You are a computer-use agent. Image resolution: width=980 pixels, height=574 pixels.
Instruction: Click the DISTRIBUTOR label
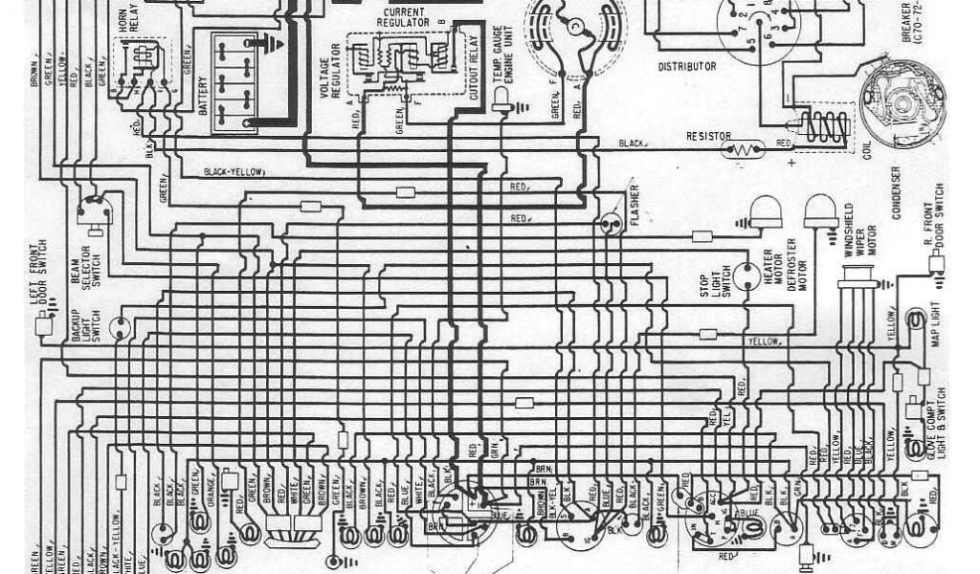coord(686,67)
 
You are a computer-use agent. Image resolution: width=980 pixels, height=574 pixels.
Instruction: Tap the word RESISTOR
coord(709,137)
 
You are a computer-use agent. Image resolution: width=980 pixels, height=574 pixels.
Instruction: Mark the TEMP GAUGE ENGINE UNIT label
coord(502,61)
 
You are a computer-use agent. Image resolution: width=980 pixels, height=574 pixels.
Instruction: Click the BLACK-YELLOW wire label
coord(234,173)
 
